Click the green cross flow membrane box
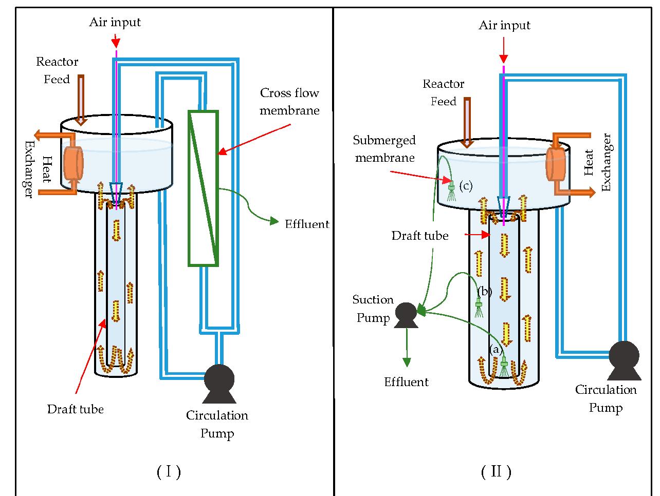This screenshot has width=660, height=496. coord(203,188)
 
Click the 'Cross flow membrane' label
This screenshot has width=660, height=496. coord(289,102)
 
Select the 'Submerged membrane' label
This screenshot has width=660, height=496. coord(384,149)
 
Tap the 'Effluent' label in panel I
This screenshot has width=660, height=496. coord(307,224)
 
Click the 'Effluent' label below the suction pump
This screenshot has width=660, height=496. coord(406,382)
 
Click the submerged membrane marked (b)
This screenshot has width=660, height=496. coord(479,307)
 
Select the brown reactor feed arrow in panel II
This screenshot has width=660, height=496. coord(467,122)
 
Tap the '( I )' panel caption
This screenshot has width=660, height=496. coord(169,471)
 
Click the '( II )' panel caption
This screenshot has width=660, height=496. coord(496,471)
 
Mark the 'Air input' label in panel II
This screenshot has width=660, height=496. coord(504,25)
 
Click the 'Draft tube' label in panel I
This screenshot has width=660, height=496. coord(75,409)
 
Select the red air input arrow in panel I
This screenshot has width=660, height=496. coord(116,39)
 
